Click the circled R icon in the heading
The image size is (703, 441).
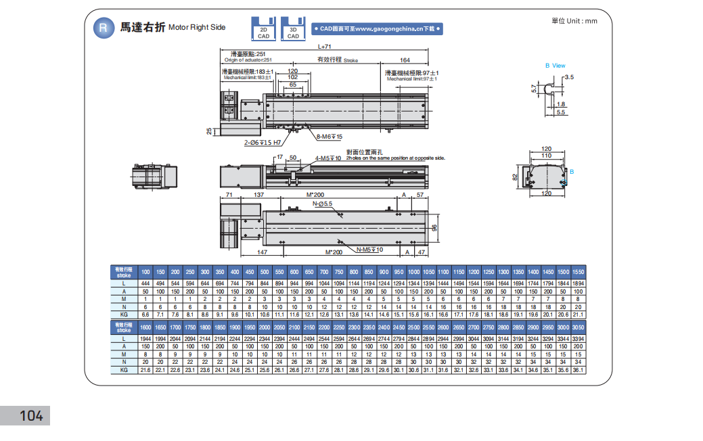pos(103,28)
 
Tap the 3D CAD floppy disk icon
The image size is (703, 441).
pos(293,28)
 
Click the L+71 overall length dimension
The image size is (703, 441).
pos(324,47)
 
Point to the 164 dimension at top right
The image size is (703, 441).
pos(405,60)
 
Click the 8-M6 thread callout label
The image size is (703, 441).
pos(330,137)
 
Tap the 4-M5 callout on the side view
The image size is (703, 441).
pos(327,158)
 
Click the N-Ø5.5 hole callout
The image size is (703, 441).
pos(322,203)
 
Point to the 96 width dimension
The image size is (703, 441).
pos(435,227)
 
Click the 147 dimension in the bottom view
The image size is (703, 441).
pos(263,252)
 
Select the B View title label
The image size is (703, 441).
pos(555,66)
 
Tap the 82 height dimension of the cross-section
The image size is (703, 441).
pos(516,178)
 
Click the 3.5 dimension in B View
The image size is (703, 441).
pos(568,78)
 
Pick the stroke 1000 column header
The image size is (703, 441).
pos(413,271)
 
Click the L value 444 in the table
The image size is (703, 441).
pos(145,283)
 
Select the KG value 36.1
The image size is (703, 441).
pos(577,370)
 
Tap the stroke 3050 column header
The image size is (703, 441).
pos(577,327)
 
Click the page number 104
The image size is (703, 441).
pos(31,415)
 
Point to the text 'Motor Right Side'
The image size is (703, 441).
pos(197,28)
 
